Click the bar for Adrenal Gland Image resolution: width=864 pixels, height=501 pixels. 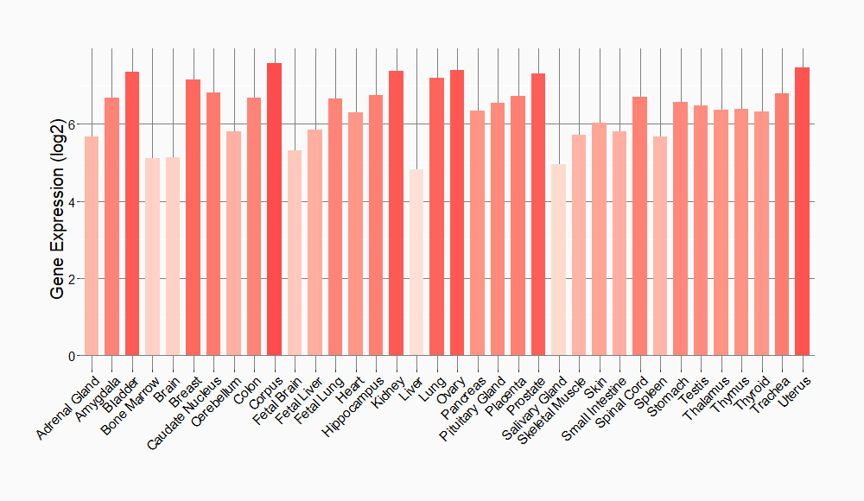[x=92, y=246]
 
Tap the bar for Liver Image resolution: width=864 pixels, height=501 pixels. [x=416, y=263]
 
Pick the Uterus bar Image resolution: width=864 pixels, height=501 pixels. [x=803, y=212]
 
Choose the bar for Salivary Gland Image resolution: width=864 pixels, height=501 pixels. [x=558, y=260]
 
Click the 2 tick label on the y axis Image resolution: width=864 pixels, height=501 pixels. [x=72, y=279]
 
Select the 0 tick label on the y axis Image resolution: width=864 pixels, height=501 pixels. [x=72, y=356]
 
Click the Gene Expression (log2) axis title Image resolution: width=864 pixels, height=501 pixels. [x=58, y=202]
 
